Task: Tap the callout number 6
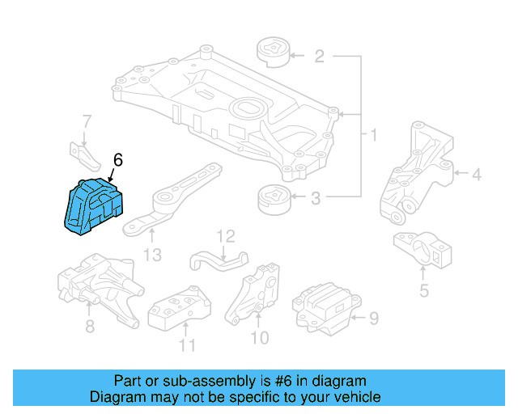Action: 117,161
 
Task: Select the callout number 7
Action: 86,122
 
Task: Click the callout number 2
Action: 319,56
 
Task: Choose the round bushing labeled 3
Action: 272,199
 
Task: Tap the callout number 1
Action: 373,133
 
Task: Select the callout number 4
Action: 477,173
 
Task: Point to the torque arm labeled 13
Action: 170,202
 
